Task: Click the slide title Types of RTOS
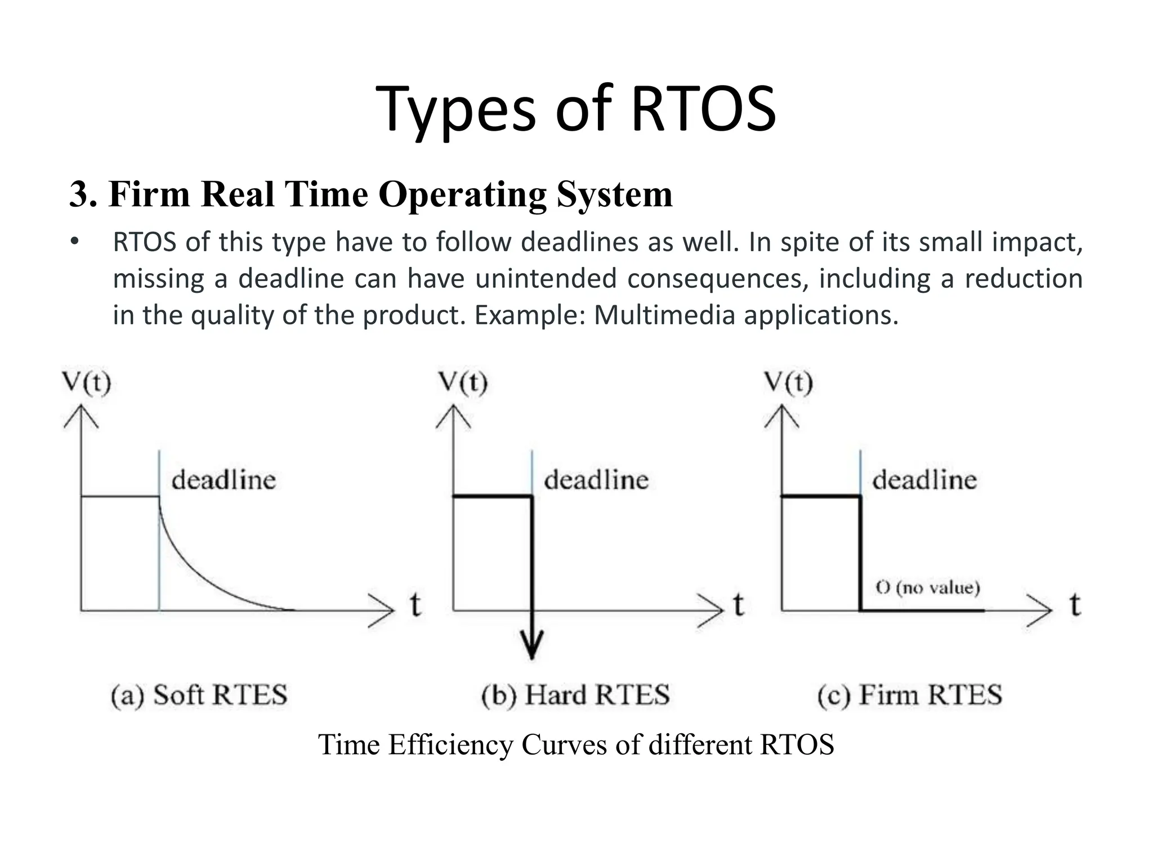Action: point(576,109)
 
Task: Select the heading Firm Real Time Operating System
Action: point(370,194)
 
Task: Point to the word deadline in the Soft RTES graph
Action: point(224,480)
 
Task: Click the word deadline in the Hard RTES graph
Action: point(596,480)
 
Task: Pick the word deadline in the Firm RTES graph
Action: point(924,480)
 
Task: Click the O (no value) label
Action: point(928,588)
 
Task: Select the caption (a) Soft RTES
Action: point(199,695)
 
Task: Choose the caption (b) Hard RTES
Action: point(575,695)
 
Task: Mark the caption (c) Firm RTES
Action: point(909,695)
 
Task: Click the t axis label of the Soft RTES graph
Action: point(415,605)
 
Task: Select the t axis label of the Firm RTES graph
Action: point(1075,605)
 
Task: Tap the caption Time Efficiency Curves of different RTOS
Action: point(576,744)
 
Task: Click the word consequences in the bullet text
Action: point(714,279)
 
